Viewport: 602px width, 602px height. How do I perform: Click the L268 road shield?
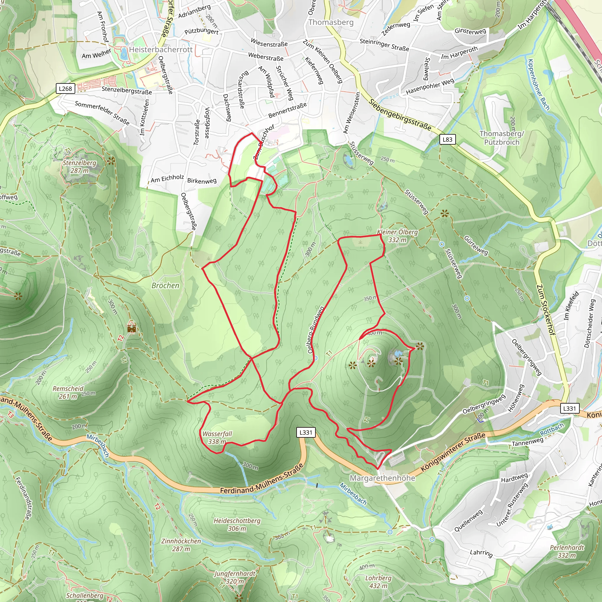click(x=66, y=89)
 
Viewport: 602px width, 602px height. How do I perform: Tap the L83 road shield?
click(x=447, y=139)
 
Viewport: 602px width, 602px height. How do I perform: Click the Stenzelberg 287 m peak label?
click(x=79, y=167)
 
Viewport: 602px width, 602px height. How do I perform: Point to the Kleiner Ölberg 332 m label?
click(x=397, y=236)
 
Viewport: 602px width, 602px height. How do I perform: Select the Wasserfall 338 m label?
click(x=217, y=437)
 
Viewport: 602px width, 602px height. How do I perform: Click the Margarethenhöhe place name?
click(x=382, y=478)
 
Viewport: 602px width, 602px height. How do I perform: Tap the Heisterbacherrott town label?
click(x=161, y=50)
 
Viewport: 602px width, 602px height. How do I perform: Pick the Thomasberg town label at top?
click(x=331, y=22)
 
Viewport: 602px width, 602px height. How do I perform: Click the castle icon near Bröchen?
click(x=132, y=328)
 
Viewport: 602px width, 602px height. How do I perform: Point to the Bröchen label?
click(x=165, y=285)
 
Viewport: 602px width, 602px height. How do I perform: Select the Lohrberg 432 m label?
click(x=378, y=582)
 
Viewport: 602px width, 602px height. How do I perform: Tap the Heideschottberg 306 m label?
click(x=237, y=524)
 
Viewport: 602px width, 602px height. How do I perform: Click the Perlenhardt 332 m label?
click(x=567, y=551)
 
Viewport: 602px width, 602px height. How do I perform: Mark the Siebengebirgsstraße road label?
click(x=400, y=114)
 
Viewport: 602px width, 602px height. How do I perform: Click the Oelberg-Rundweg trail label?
click(x=316, y=330)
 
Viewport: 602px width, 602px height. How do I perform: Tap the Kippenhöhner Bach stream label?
click(x=539, y=84)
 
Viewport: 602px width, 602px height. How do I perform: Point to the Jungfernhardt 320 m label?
click(x=235, y=577)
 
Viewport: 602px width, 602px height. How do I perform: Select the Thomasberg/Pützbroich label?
click(x=502, y=138)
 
